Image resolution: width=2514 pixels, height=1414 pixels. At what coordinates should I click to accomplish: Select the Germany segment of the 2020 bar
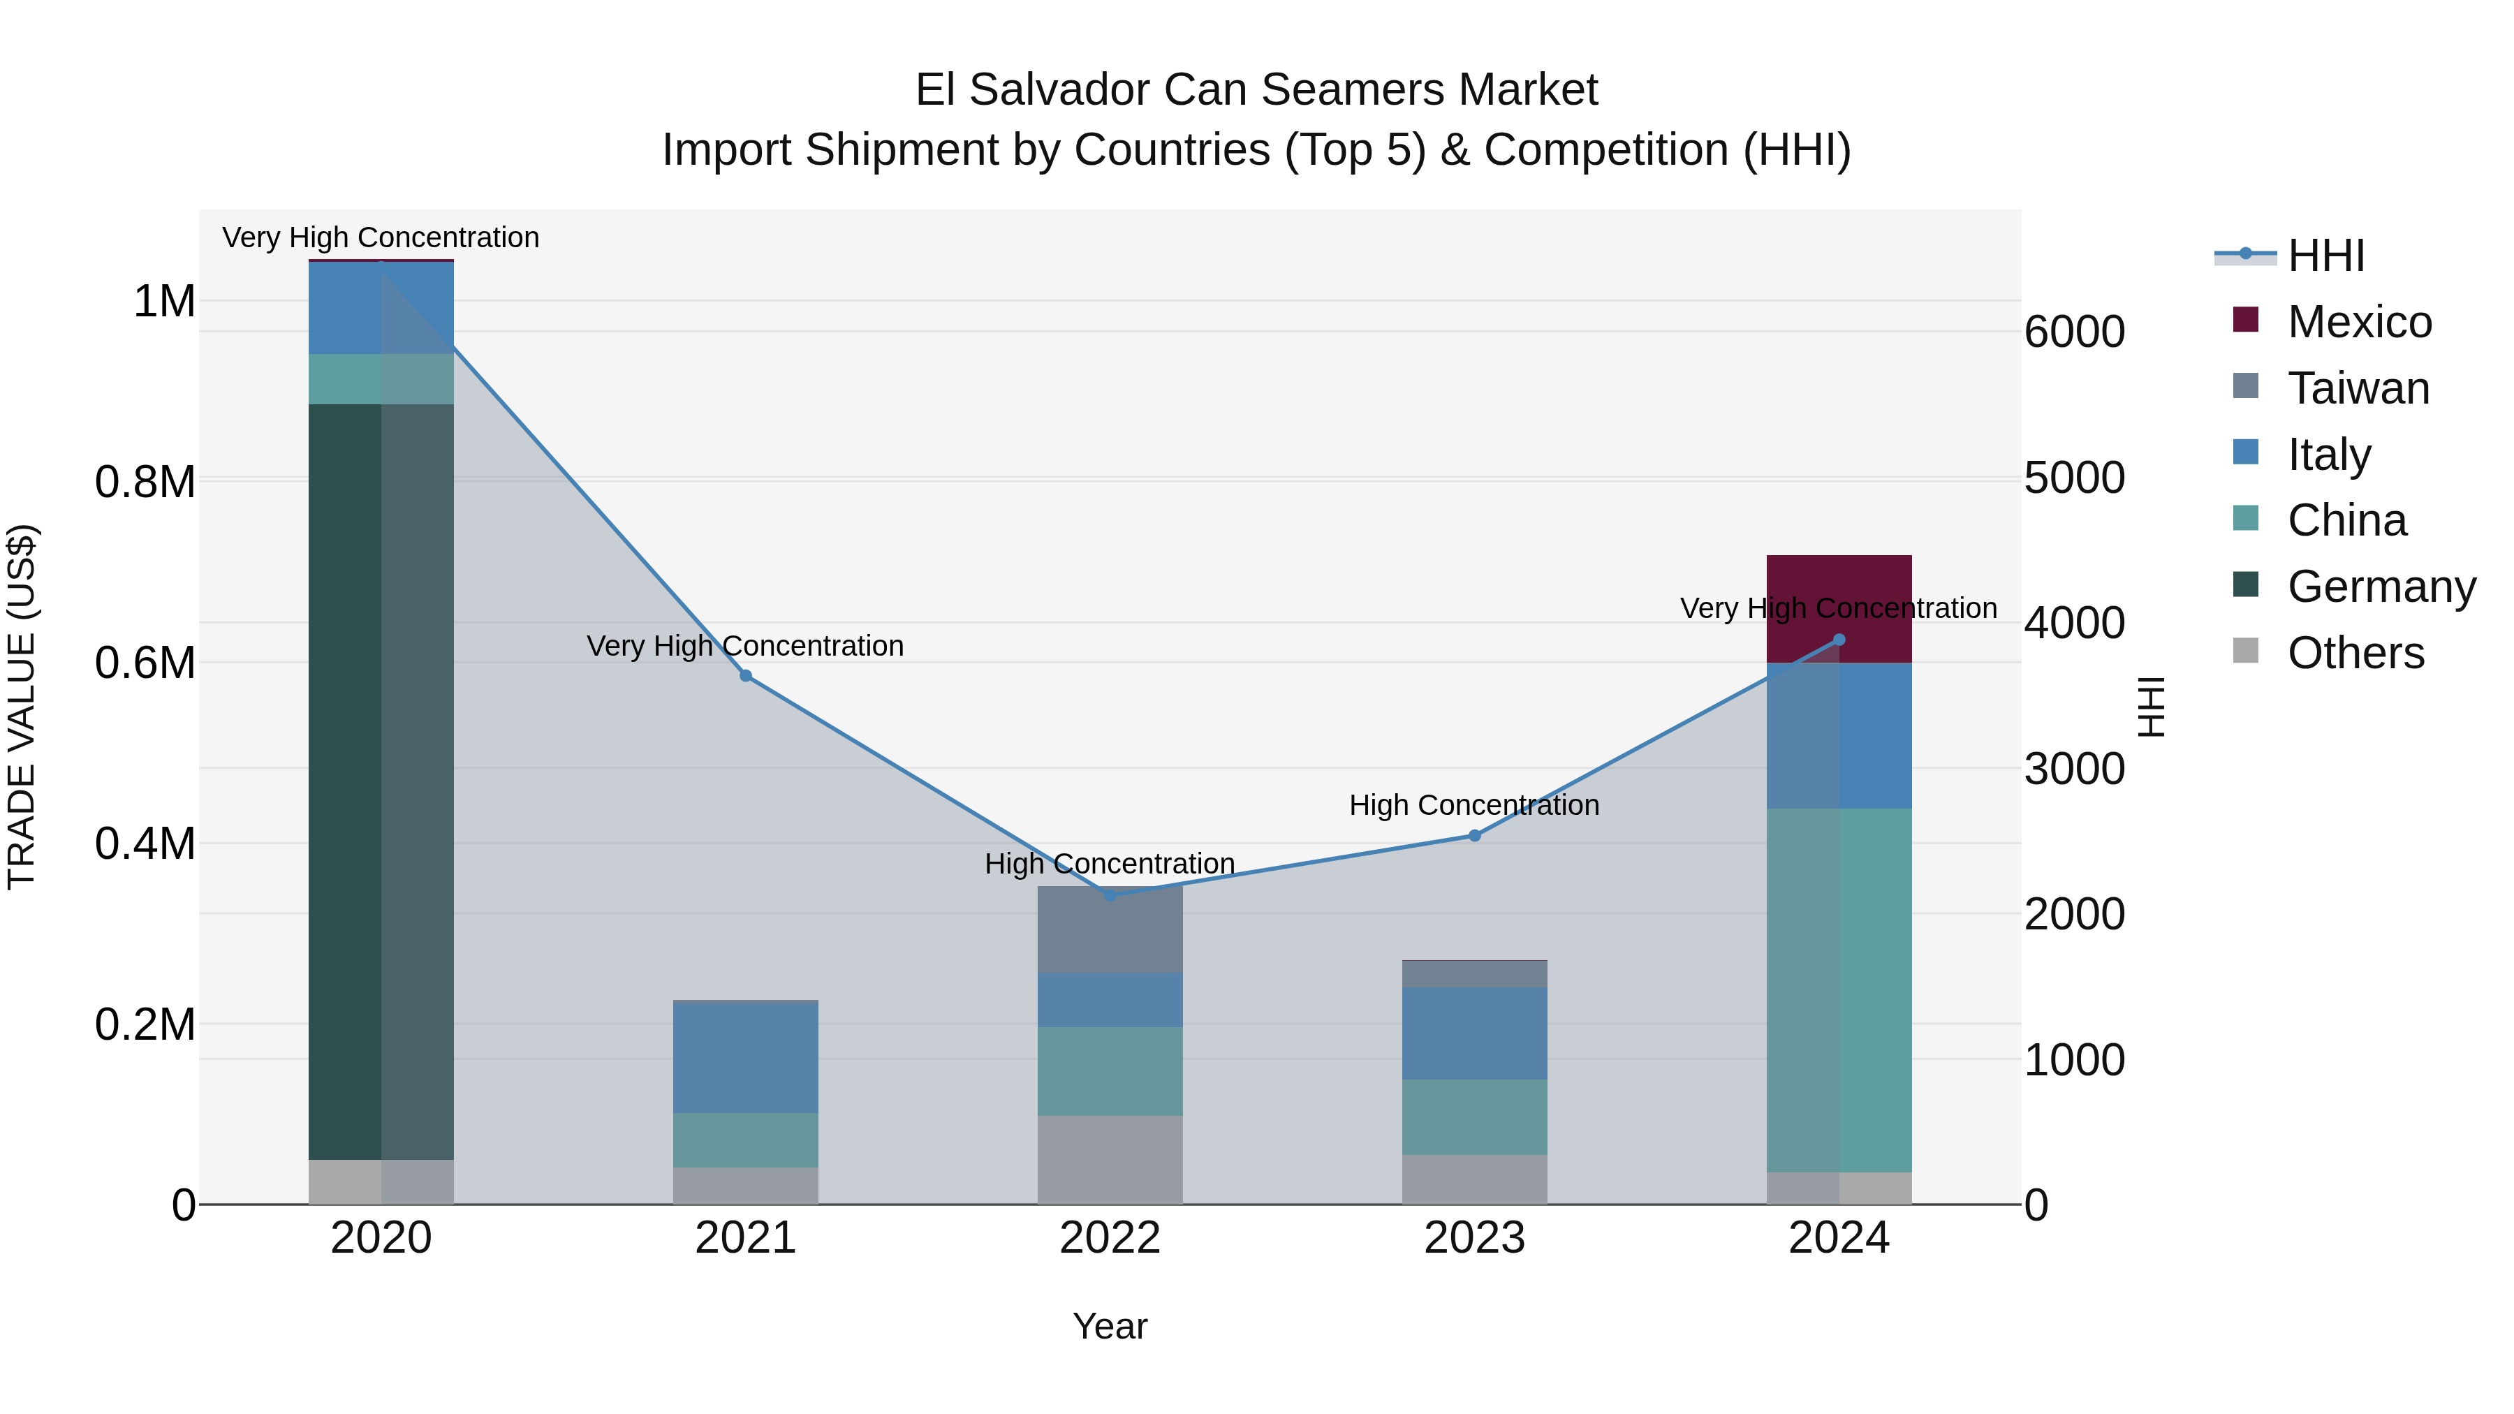381,781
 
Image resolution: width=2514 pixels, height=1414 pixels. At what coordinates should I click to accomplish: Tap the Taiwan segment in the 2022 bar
1110,929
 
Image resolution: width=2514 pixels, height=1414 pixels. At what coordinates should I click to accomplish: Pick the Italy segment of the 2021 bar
746,1058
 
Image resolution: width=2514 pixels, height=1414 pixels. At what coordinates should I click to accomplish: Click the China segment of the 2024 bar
1839,989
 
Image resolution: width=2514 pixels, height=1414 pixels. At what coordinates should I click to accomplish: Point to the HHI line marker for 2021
746,675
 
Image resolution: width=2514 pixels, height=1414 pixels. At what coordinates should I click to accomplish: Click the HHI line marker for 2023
1475,835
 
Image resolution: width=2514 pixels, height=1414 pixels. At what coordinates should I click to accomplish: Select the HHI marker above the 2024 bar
1839,640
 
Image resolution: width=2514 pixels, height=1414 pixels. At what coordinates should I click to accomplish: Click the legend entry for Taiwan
2357,388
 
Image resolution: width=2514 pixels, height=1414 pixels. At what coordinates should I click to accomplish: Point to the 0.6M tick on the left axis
145,663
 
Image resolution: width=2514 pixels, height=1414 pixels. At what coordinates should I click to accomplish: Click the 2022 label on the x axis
1110,1237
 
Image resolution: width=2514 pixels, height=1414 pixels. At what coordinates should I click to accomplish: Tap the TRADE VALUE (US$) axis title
22,707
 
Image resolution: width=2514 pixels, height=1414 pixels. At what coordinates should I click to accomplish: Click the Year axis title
1110,1326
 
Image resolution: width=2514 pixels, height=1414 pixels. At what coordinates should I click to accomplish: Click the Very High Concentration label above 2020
381,237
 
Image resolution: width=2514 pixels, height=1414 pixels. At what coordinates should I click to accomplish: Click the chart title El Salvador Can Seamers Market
1256,90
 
